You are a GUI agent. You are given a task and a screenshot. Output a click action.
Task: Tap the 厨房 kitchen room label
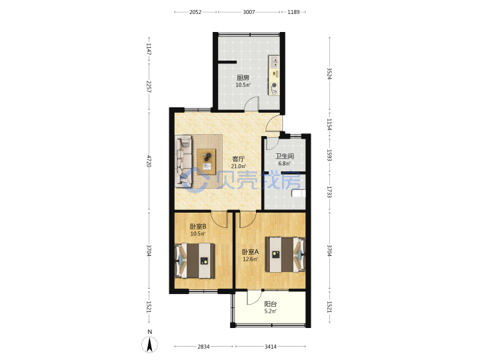[243, 78]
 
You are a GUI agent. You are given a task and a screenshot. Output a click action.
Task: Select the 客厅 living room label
[239, 159]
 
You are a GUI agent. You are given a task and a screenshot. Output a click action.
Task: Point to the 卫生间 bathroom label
[285, 156]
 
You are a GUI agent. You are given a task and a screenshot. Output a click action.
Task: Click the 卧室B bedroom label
[198, 227]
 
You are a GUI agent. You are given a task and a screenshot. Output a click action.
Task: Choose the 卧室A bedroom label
[251, 252]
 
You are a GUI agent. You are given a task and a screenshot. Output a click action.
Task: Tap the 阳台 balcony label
[270, 304]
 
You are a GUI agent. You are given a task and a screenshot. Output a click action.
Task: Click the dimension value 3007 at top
[249, 12]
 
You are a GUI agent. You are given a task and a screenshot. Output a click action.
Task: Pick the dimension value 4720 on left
[149, 161]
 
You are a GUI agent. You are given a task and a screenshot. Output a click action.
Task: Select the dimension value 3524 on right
[329, 73]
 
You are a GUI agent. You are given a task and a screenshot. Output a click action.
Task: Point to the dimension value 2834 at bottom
[203, 347]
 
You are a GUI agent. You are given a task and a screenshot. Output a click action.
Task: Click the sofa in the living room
[184, 161]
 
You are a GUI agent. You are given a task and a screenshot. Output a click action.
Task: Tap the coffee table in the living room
[207, 161]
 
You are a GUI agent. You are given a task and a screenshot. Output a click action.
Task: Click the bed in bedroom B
[195, 261]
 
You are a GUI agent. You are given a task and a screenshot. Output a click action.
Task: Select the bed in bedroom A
[285, 255]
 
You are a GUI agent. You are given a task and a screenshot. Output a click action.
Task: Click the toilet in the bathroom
[299, 193]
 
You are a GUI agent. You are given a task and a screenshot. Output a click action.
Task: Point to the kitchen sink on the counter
[274, 61]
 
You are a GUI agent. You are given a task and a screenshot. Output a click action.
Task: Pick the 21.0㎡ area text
[239, 167]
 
